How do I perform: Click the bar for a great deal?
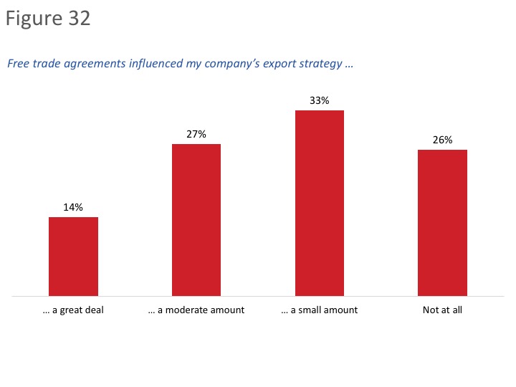point(73,256)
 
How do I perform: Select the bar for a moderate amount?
point(196,219)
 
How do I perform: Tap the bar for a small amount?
point(320,203)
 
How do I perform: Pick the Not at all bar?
point(442,222)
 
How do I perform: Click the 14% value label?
point(73,207)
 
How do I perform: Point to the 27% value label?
point(196,134)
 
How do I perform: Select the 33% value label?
point(320,101)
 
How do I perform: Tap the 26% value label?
point(442,140)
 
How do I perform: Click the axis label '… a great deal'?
point(73,310)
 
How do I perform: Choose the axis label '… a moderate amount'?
point(196,310)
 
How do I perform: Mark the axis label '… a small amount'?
point(320,310)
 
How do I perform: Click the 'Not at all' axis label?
point(442,310)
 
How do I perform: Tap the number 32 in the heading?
point(80,19)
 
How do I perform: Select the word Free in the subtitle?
point(19,64)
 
